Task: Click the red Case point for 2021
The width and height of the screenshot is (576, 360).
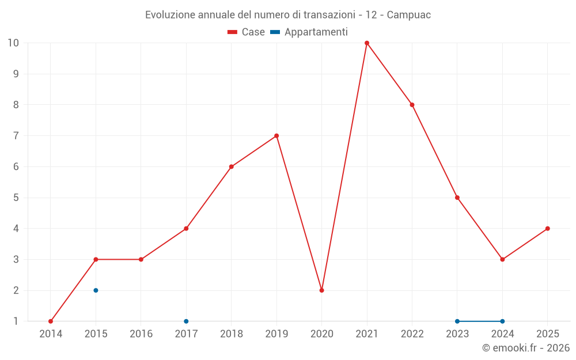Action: tap(367, 43)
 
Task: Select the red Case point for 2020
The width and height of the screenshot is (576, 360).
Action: tap(321, 290)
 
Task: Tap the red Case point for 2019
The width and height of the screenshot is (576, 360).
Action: tap(276, 136)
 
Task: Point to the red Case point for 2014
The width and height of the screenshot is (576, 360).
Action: tap(51, 321)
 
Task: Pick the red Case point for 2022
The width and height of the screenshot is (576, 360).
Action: tap(412, 105)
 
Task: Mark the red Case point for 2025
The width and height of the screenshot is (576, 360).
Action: tap(548, 229)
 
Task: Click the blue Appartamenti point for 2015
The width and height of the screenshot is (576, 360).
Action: tap(96, 290)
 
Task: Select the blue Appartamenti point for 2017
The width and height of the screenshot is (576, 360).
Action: tap(186, 321)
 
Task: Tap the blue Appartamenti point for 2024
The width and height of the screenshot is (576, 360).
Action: tap(502, 321)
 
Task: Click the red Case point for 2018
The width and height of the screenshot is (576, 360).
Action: tap(231, 167)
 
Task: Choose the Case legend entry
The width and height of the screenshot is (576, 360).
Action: tap(247, 32)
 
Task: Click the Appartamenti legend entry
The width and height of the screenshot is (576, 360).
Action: tap(309, 32)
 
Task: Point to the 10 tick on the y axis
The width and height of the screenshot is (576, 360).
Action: tap(13, 43)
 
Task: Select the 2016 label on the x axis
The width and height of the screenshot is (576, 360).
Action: tap(141, 334)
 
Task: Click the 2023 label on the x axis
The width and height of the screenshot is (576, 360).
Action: tap(457, 334)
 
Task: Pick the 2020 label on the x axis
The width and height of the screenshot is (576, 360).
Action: tap(321, 334)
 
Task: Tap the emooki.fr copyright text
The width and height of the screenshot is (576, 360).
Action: tap(525, 348)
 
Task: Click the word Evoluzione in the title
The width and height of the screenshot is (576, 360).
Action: tap(170, 15)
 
